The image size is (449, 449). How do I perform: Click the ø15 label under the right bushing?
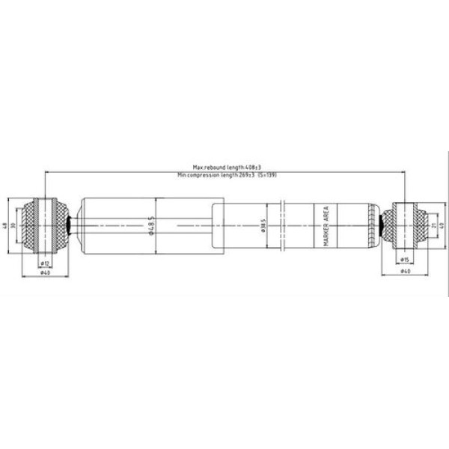pyautogui.click(x=403, y=259)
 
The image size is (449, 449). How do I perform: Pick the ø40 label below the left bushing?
pyautogui.click(x=45, y=272)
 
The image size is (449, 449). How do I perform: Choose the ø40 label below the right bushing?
pyautogui.click(x=405, y=272)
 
